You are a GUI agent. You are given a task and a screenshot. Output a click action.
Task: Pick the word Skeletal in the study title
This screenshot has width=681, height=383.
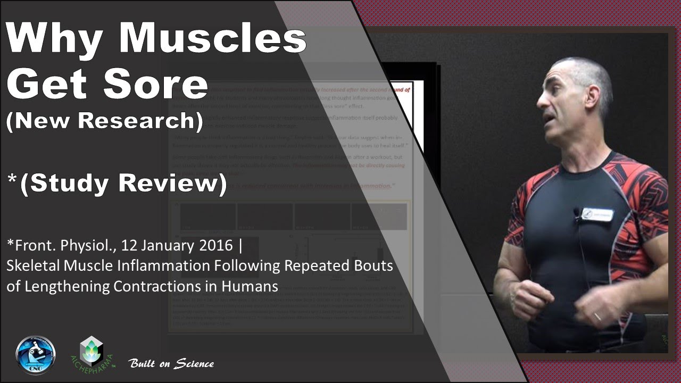point(30,265)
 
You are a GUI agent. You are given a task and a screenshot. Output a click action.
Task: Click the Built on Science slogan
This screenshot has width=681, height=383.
point(171,364)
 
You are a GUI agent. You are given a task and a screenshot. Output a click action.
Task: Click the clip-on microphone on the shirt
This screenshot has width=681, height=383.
point(577,213)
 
